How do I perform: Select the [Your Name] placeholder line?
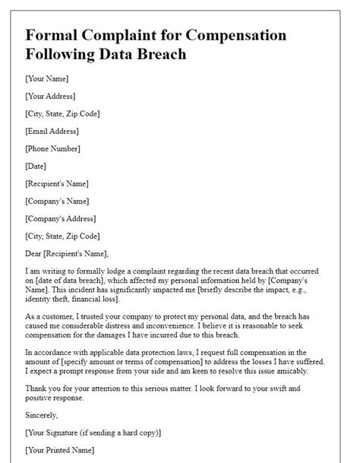click(47, 78)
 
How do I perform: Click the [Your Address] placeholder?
click(52, 96)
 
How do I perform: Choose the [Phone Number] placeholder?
click(53, 148)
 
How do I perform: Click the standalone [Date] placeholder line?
click(36, 166)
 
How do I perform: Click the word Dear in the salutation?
click(35, 254)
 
